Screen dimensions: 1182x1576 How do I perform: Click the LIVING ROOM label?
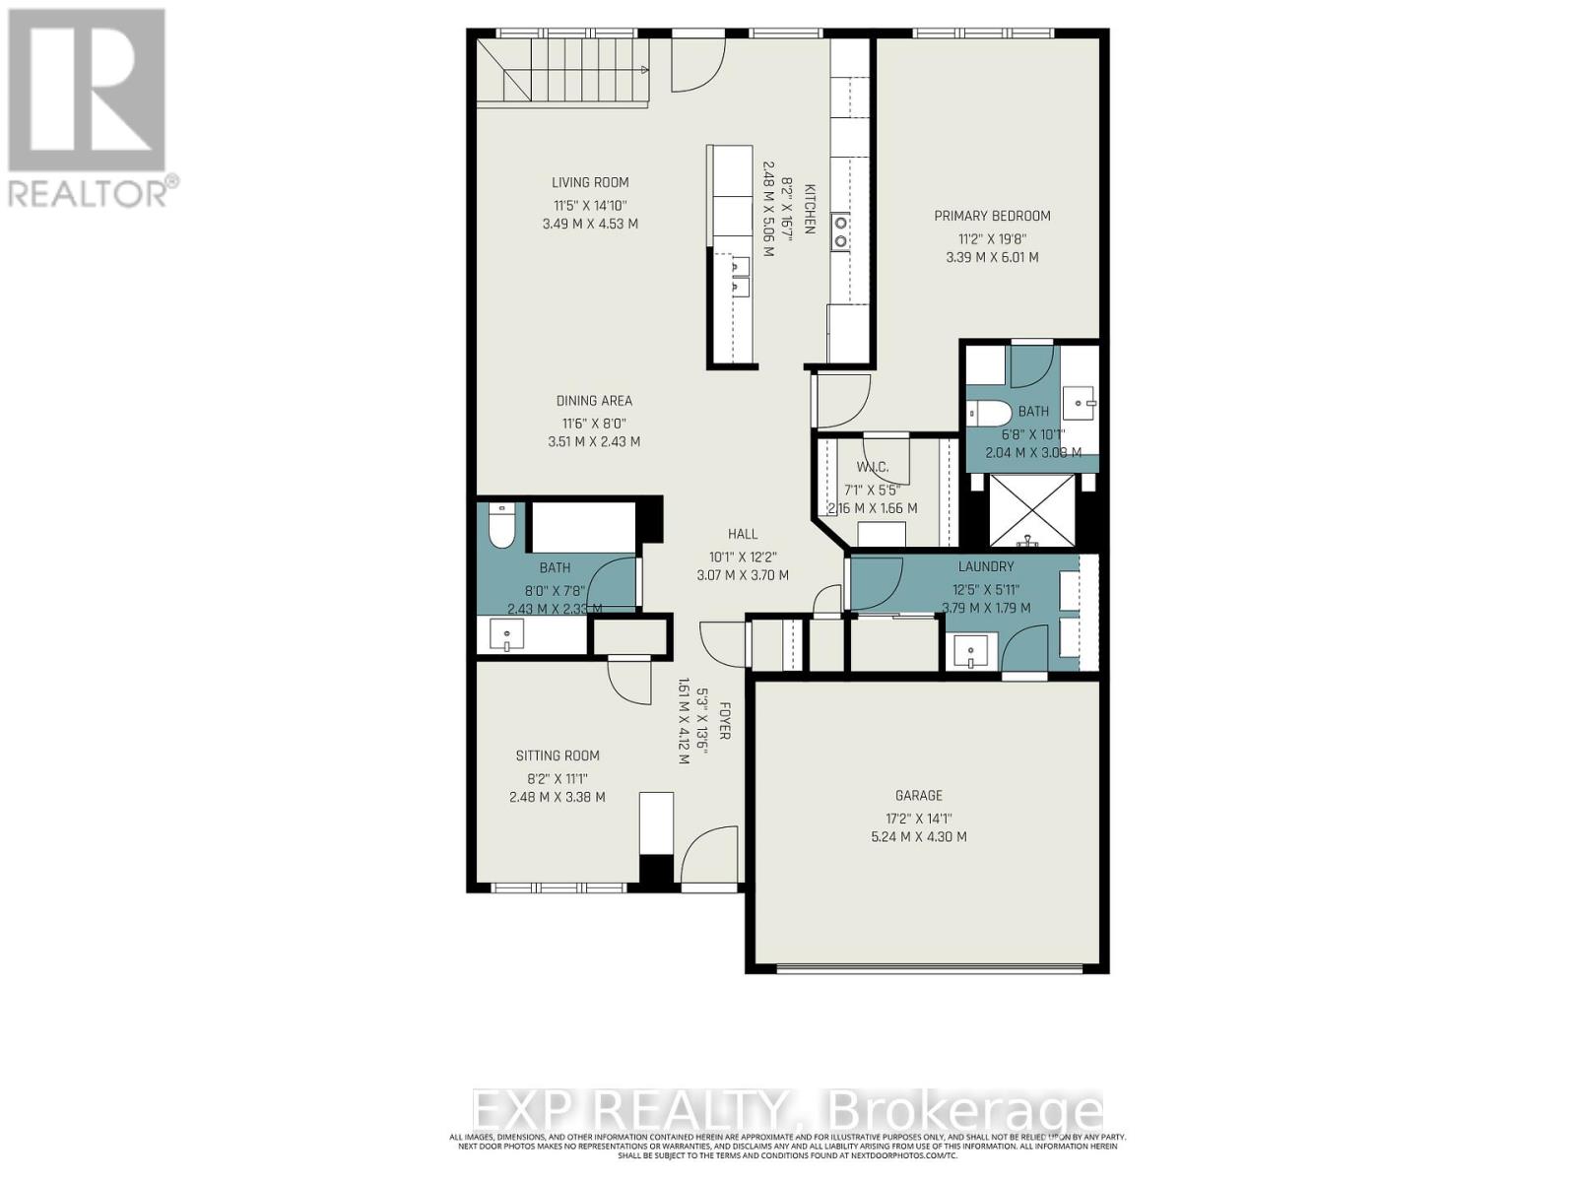point(590,182)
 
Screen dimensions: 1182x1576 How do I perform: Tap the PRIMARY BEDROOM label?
point(992,216)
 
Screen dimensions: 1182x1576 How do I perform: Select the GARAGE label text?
point(919,795)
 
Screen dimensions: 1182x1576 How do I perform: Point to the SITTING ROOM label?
point(558,755)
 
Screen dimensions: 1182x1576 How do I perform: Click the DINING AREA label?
point(594,401)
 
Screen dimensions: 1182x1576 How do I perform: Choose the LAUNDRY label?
point(986,566)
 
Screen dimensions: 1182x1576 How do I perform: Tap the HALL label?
point(743,534)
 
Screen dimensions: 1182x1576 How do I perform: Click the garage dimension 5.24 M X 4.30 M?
point(919,837)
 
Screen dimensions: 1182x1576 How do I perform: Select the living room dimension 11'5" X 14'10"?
point(590,205)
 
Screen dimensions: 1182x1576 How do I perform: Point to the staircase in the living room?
point(561,69)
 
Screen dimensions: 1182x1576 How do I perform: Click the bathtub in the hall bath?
point(581,527)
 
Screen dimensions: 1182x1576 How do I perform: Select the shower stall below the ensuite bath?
point(1031,510)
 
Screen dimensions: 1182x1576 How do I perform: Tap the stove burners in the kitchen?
point(840,231)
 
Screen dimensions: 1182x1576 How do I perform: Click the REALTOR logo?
point(89,108)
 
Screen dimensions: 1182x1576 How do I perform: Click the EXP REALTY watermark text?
point(788,1111)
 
